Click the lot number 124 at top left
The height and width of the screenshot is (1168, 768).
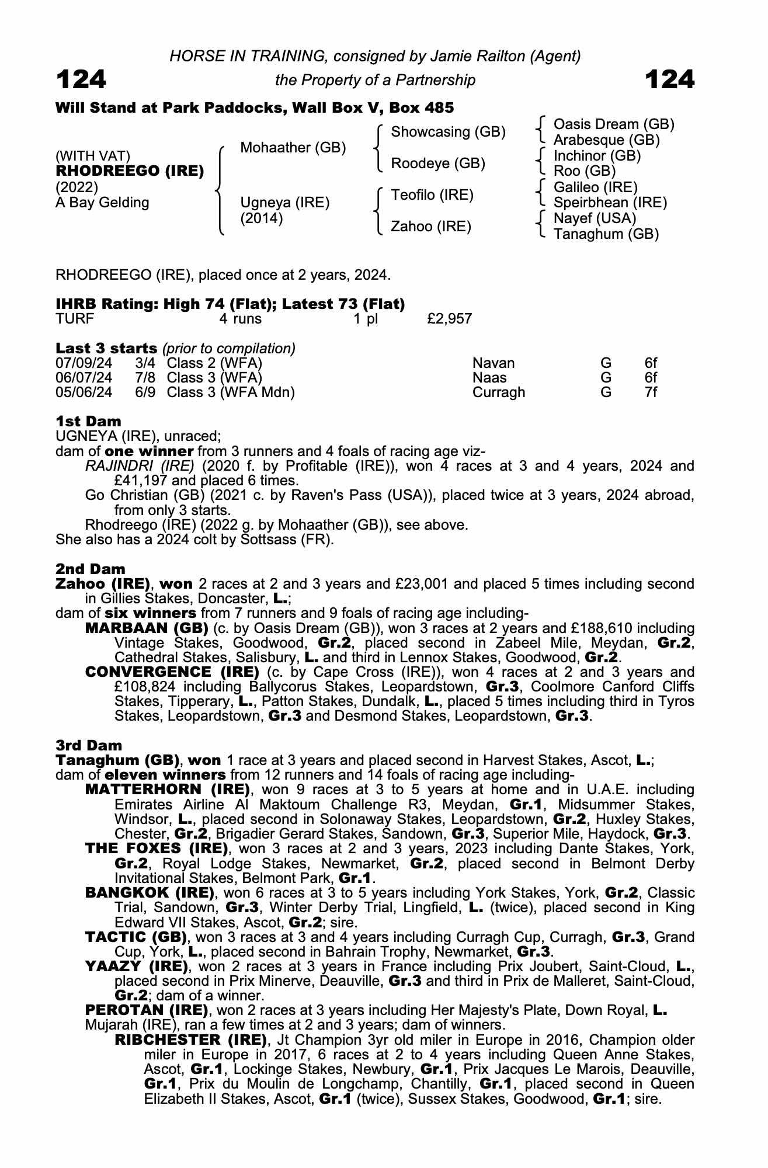coord(81,79)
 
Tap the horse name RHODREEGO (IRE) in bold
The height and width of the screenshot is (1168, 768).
coord(130,171)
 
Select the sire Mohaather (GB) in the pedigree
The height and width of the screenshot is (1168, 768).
coord(293,148)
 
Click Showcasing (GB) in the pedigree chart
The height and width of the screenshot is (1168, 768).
coord(448,132)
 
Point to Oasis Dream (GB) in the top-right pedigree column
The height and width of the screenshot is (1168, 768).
coord(614,124)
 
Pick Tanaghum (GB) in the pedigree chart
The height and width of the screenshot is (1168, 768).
coord(606,234)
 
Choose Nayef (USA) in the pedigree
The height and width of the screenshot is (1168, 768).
coord(595,218)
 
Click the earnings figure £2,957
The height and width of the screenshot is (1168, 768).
coord(450,319)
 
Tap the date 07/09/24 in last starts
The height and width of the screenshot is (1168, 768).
coord(84,363)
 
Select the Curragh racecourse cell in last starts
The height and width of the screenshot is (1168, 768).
coord(498,392)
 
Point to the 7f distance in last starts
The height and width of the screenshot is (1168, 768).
coord(651,392)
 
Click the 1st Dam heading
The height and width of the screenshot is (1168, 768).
coord(89,421)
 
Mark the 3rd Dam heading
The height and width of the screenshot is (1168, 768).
coord(89,745)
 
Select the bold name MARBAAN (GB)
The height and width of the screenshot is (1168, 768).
coord(147,628)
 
